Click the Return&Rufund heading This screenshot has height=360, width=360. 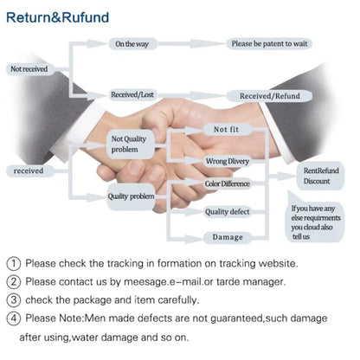[57, 17]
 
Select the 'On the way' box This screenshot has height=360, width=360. [133, 44]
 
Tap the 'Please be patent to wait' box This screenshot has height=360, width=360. [269, 43]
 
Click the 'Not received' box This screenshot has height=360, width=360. [29, 69]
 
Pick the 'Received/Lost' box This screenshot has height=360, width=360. [133, 94]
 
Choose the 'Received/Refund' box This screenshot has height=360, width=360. [270, 96]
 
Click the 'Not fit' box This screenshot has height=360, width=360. [227, 130]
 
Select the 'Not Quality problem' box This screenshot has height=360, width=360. [131, 145]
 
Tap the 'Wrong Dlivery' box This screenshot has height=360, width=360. [228, 161]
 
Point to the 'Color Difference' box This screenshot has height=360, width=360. [227, 183]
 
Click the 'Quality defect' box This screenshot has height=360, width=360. [228, 212]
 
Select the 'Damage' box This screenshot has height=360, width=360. [228, 237]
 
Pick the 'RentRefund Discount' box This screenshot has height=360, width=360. [320, 176]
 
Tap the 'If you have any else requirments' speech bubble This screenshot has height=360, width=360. [317, 222]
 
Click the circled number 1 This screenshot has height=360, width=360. [13, 263]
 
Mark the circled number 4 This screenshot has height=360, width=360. [13, 318]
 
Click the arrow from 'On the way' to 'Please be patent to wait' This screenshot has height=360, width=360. [191, 44]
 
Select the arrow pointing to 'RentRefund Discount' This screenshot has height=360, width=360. [281, 176]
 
